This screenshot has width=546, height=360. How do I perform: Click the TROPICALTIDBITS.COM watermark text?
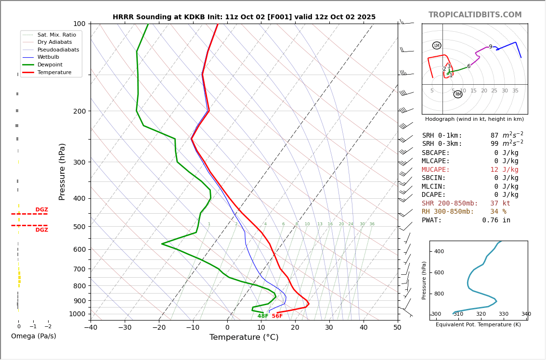click(475, 15)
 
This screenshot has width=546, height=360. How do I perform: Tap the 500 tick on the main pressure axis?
click(79, 227)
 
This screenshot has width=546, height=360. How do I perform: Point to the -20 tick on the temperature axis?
click(159, 328)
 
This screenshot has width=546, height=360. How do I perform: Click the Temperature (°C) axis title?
click(244, 338)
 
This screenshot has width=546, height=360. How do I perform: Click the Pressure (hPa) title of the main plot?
click(62, 171)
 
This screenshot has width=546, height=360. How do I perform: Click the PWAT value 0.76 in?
click(496, 220)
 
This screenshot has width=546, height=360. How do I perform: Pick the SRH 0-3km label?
click(442, 144)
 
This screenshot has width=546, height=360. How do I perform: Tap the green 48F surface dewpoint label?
click(263, 316)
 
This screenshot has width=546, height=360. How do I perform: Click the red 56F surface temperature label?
click(277, 316)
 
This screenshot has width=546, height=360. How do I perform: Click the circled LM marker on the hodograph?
click(437, 46)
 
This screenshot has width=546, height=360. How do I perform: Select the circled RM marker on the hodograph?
click(458, 94)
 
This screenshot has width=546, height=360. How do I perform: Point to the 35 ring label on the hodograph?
click(515, 91)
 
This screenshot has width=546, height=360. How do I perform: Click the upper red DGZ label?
click(41, 210)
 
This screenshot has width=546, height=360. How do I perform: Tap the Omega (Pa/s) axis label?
click(33, 336)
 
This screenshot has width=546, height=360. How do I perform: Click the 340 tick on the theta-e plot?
click(526, 314)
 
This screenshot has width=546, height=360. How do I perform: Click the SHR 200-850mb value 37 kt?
click(500, 204)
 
